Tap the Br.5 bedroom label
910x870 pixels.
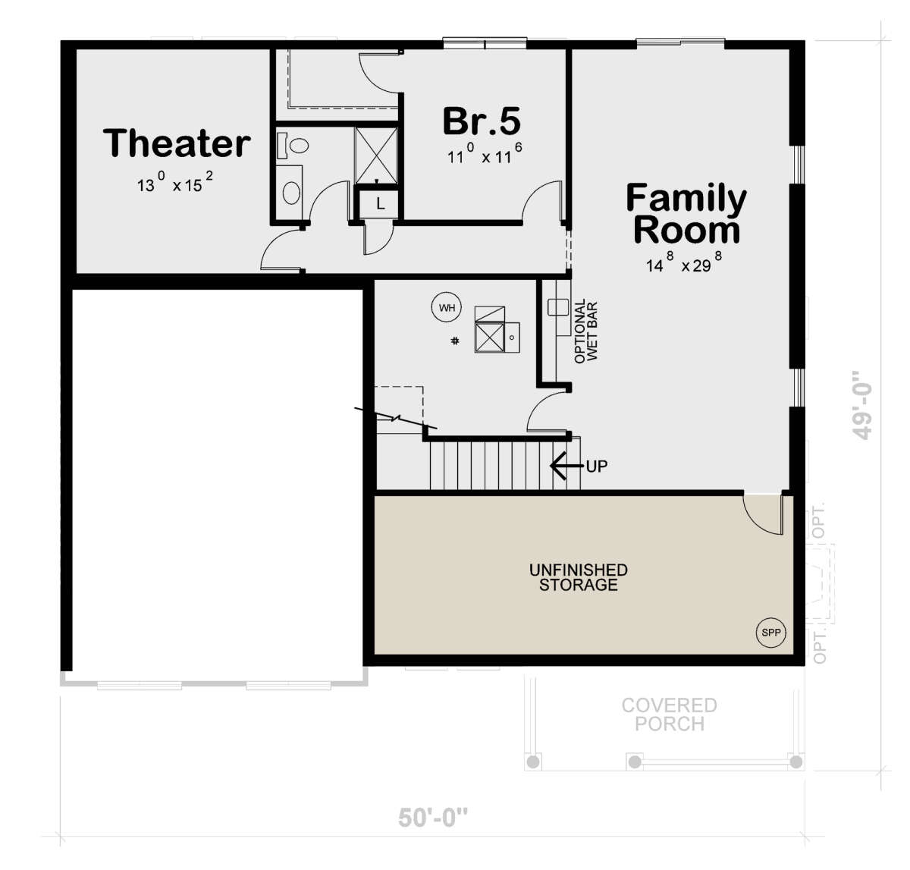pyautogui.click(x=482, y=121)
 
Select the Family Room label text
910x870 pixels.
pyautogui.click(x=686, y=213)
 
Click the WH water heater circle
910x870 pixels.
pyautogui.click(x=447, y=307)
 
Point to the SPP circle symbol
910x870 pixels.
pyautogui.click(x=771, y=633)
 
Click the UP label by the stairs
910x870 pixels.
pyautogui.click(x=596, y=466)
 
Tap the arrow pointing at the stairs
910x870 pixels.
pyautogui.click(x=567, y=466)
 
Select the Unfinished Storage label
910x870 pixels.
pyautogui.click(x=578, y=577)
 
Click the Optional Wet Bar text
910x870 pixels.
pyautogui.click(x=585, y=331)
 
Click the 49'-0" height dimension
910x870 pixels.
pyautogui.click(x=861, y=405)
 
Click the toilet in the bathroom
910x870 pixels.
pyautogui.click(x=293, y=145)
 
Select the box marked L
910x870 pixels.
pyautogui.click(x=379, y=203)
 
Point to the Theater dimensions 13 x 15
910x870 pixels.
pyautogui.click(x=175, y=181)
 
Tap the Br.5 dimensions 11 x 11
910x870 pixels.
pyautogui.click(x=484, y=153)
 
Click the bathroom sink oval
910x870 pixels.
pyautogui.click(x=291, y=193)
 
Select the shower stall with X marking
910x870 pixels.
pyautogui.click(x=376, y=155)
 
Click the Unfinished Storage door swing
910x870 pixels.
pyautogui.click(x=762, y=514)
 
